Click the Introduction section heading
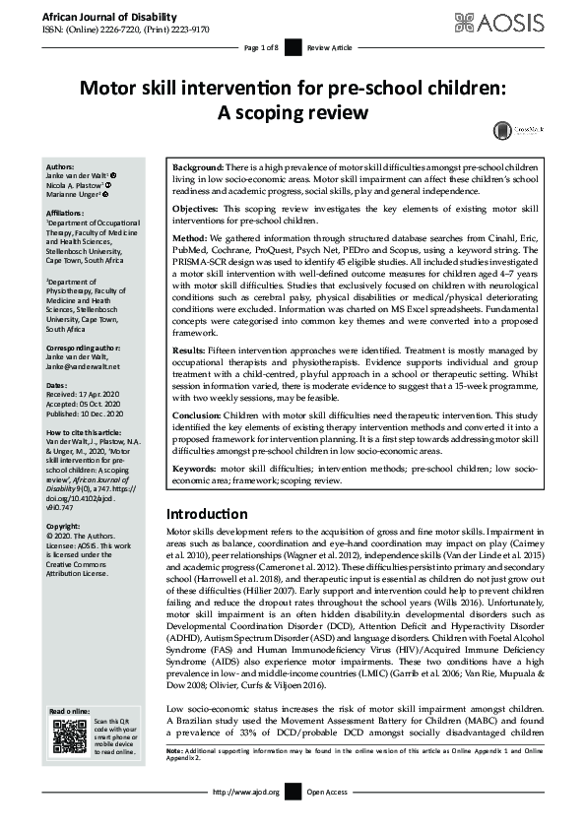tap(207, 514)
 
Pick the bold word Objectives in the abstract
tap(199, 211)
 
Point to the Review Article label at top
tap(330, 47)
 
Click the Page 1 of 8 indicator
tap(262, 47)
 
